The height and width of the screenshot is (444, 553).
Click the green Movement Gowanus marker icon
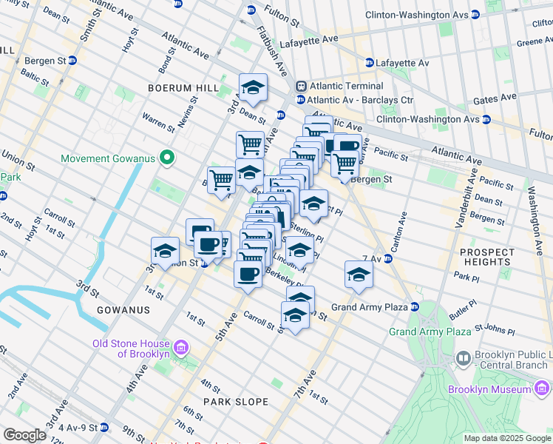click(x=168, y=158)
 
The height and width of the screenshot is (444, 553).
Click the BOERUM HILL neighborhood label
click(x=183, y=88)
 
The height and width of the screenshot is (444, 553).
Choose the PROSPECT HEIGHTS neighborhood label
click(x=486, y=257)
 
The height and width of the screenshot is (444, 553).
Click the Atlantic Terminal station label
click(x=346, y=86)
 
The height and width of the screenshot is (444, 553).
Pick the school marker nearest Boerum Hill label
click(x=253, y=89)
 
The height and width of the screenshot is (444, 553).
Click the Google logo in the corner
click(x=24, y=435)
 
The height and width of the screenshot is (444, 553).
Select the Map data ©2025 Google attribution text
click(x=506, y=438)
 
